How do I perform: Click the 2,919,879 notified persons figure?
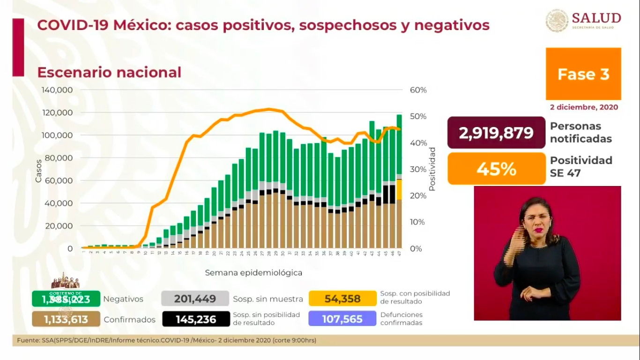(496, 133)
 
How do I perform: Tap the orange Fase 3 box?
(583, 74)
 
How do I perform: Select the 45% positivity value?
(496, 169)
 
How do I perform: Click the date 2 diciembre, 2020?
(584, 107)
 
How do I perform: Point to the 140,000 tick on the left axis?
(57, 90)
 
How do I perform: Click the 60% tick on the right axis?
(418, 90)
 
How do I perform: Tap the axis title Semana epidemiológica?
(253, 272)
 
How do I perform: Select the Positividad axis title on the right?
(432, 169)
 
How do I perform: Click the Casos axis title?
(38, 171)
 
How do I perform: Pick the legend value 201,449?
(195, 299)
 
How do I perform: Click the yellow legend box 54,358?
(342, 299)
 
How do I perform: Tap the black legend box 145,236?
(195, 319)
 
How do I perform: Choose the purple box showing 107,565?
(342, 319)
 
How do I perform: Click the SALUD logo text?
(596, 18)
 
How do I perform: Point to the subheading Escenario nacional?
(109, 73)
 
